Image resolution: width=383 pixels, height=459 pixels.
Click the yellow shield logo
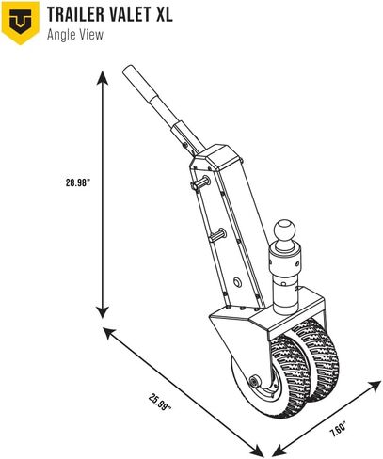(21, 23)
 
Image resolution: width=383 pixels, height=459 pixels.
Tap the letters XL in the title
(164, 14)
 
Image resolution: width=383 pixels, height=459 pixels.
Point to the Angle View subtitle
(75, 35)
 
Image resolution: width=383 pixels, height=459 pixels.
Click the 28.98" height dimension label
(78, 182)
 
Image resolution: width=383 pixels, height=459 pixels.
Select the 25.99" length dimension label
(161, 403)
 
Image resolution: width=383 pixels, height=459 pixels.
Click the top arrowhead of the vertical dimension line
(103, 78)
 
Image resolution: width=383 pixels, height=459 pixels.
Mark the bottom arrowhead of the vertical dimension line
(103, 312)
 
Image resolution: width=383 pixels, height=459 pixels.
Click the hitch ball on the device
(285, 230)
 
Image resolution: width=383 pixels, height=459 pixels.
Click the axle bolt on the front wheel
(253, 382)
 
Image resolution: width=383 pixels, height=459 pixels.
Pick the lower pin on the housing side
(216, 235)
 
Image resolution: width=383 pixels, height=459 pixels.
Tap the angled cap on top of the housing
(218, 158)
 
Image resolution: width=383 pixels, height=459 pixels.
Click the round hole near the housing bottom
(237, 282)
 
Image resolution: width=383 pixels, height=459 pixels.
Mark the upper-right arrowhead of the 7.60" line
(375, 387)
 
